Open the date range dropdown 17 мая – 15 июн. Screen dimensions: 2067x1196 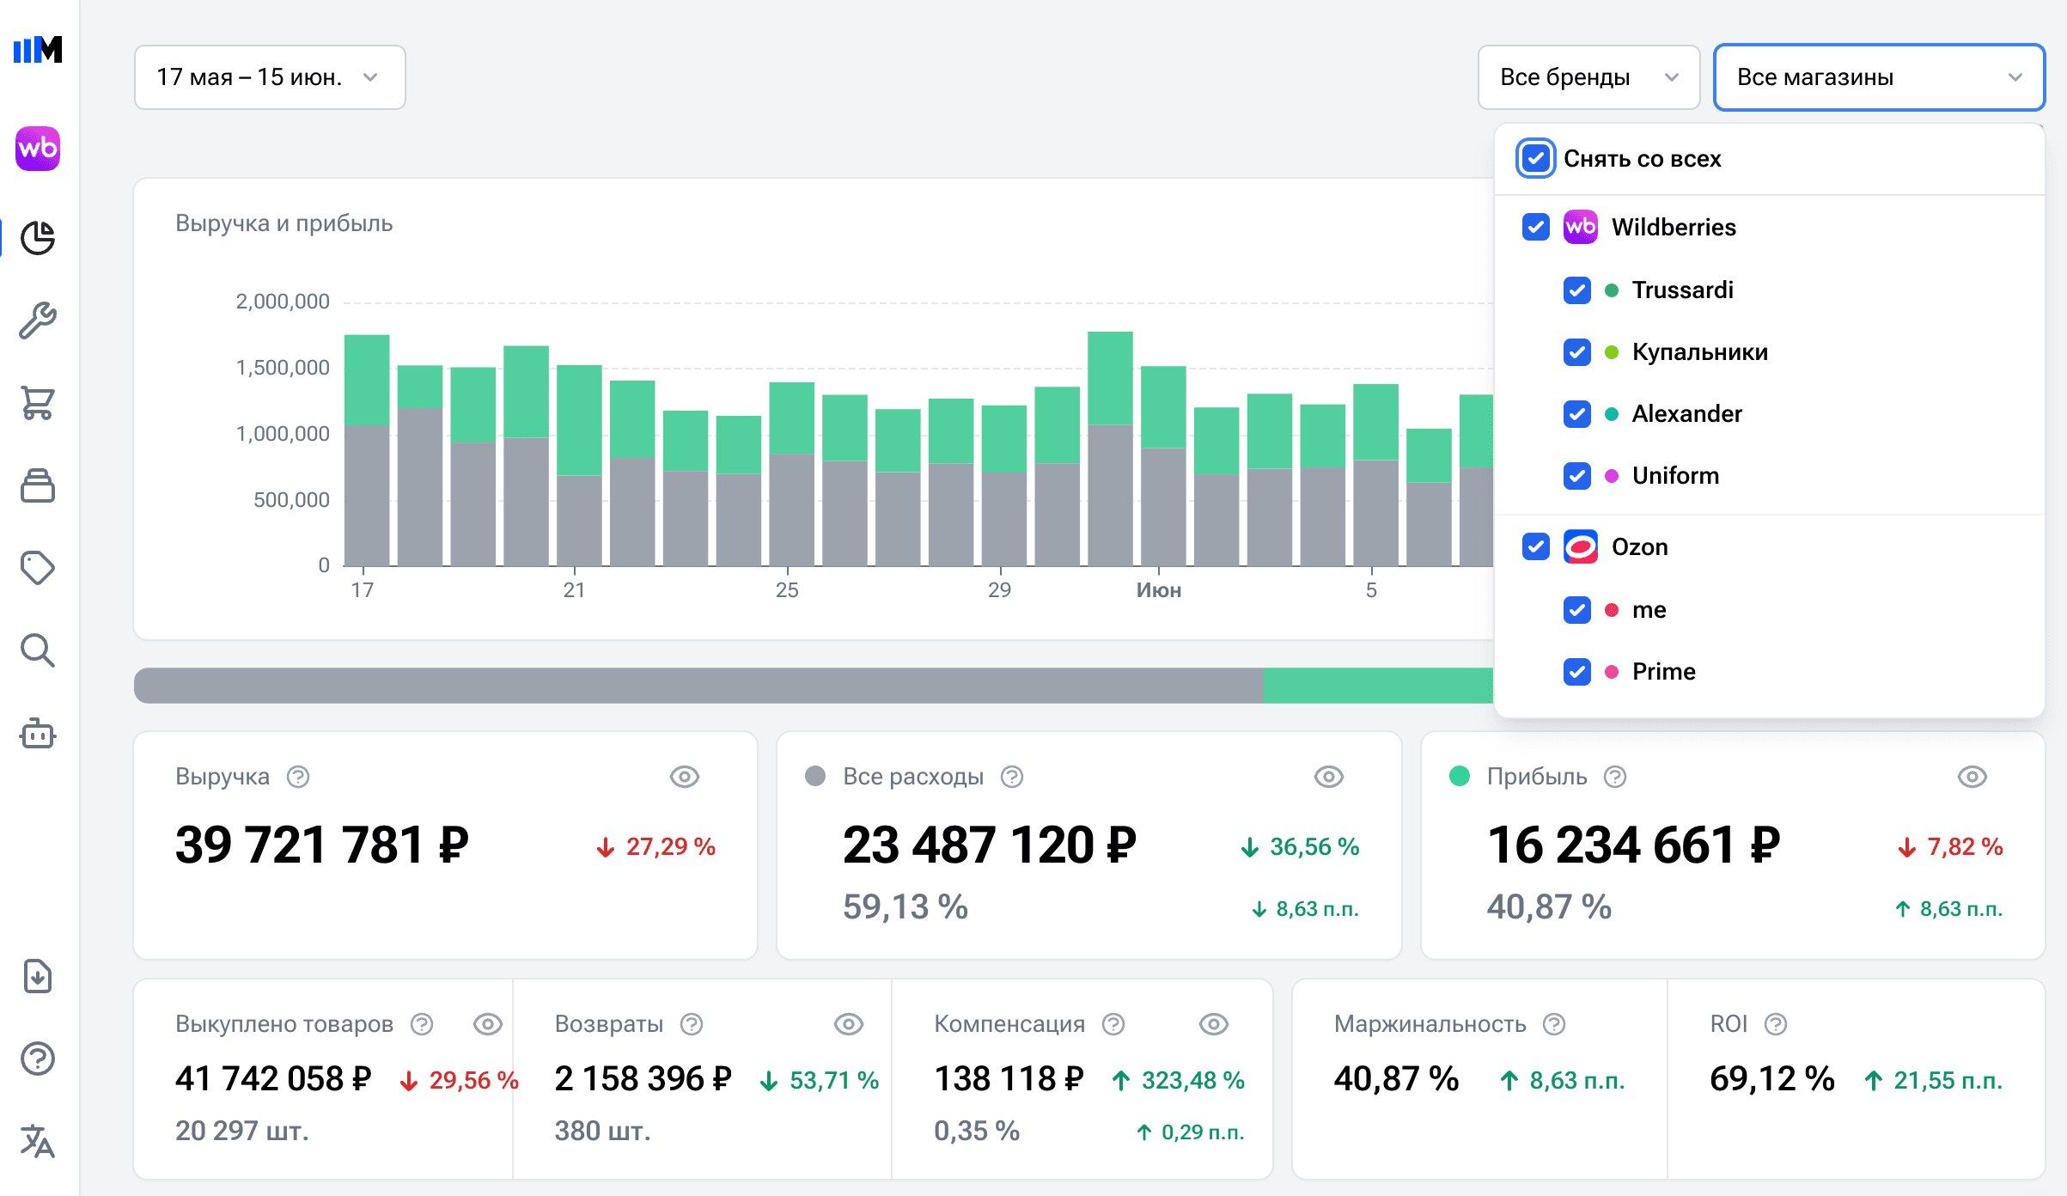click(270, 77)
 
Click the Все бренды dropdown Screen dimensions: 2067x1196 click(1588, 77)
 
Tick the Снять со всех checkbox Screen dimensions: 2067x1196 click(1535, 158)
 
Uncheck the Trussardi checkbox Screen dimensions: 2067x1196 click(1577, 290)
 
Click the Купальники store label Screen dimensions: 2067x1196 click(1699, 352)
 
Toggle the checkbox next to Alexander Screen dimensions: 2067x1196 click(1577, 414)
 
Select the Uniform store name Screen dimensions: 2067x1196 click(1675, 476)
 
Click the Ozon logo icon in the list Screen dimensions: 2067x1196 click(1581, 546)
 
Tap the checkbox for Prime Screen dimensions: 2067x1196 click(1577, 672)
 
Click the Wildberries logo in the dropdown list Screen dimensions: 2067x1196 click(1581, 227)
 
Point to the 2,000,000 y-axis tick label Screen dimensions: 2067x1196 click(283, 302)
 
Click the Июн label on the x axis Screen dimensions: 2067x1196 click(1159, 590)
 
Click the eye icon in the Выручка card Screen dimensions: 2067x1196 click(685, 777)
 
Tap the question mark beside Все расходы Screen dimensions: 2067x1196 click(1012, 777)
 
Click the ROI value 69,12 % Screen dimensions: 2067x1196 click(1772, 1079)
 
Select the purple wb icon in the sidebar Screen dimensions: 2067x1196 click(38, 149)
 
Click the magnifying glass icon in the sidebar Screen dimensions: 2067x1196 click(38, 651)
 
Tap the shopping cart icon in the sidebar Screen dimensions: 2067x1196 click(38, 403)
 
